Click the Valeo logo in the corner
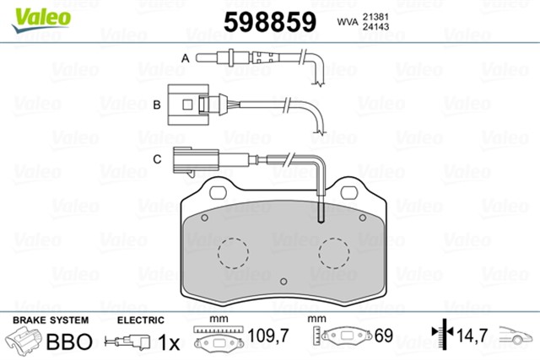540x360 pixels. click(x=41, y=19)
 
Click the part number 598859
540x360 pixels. click(x=270, y=22)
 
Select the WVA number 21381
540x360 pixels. click(x=375, y=17)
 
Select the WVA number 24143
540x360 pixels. click(x=375, y=26)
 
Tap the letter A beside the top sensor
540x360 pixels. click(x=186, y=58)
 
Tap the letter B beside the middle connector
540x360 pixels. click(x=157, y=105)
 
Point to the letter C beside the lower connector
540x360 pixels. click(x=157, y=159)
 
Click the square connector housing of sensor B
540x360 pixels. click(x=188, y=105)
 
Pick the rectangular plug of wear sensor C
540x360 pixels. click(x=196, y=159)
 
